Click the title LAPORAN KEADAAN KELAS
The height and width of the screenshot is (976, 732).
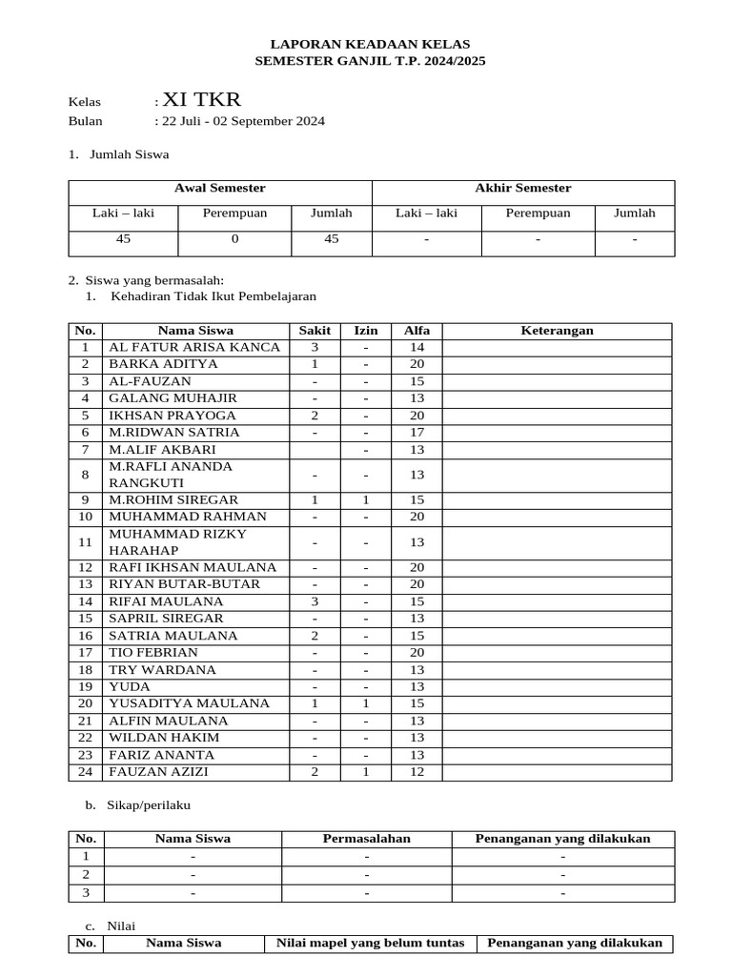[370, 44]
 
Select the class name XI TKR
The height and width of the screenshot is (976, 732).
[202, 100]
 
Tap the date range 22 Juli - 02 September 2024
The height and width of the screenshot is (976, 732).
[243, 121]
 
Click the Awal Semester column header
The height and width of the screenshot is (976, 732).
[220, 189]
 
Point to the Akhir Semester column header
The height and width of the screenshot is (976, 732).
[523, 189]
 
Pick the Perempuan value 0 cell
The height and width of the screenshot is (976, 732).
[234, 239]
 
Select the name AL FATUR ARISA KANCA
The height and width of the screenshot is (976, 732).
[194, 347]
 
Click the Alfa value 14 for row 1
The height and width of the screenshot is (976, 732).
[417, 347]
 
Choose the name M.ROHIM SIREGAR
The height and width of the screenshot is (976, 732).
[173, 499]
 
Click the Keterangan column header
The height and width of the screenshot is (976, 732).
[557, 331]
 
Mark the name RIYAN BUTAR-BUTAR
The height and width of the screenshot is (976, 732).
[184, 583]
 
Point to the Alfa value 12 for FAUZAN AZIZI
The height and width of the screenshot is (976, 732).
[417, 772]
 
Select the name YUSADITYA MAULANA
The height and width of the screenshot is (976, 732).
[190, 703]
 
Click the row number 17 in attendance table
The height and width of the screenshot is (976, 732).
[86, 653]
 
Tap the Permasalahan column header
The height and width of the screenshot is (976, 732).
[366, 839]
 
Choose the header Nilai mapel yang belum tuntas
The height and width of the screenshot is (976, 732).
[370, 943]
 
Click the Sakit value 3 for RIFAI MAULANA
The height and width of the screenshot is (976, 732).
[315, 601]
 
